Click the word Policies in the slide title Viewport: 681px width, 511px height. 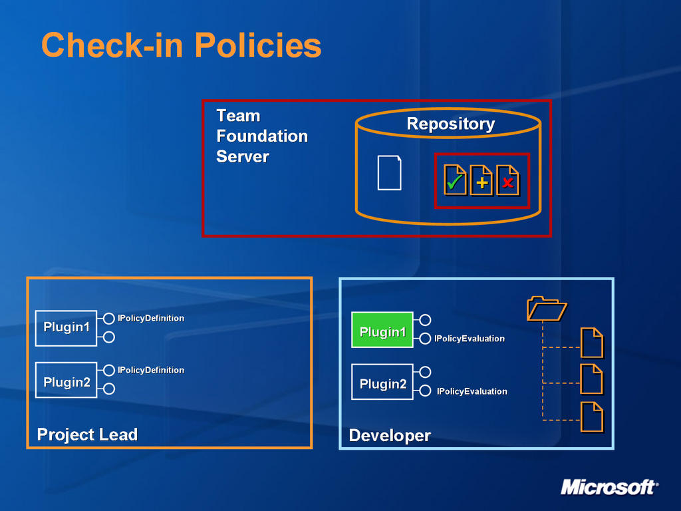pyautogui.click(x=258, y=45)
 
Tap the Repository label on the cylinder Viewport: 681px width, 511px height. pyautogui.click(x=451, y=124)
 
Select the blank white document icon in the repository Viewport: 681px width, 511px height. pyautogui.click(x=389, y=172)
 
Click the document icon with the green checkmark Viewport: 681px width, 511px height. pyautogui.click(x=455, y=180)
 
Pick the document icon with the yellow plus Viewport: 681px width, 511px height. pyautogui.click(x=481, y=180)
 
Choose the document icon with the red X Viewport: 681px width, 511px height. pyautogui.click(x=507, y=180)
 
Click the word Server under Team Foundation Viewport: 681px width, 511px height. pyautogui.click(x=243, y=156)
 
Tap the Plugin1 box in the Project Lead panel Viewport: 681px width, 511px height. pyautogui.click(x=66, y=328)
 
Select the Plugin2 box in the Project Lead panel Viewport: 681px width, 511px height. pyautogui.click(x=66, y=380)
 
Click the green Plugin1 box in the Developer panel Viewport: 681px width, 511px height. pyautogui.click(x=382, y=330)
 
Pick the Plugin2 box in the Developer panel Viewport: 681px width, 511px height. pyautogui.click(x=382, y=382)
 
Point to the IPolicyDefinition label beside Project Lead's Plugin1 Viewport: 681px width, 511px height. pyautogui.click(x=151, y=318)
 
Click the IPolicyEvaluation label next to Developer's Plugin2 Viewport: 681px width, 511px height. pyautogui.click(x=472, y=391)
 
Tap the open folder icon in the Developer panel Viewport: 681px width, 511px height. pyautogui.click(x=547, y=309)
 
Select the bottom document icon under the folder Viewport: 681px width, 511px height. pyautogui.click(x=592, y=417)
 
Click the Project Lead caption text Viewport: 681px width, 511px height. pyautogui.click(x=87, y=434)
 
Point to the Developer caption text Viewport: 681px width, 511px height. pyautogui.click(x=390, y=435)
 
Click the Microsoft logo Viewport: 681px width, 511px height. pyautogui.click(x=609, y=487)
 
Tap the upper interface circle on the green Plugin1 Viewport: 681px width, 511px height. pyautogui.click(x=425, y=320)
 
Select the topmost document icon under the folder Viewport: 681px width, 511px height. pyautogui.click(x=592, y=343)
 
